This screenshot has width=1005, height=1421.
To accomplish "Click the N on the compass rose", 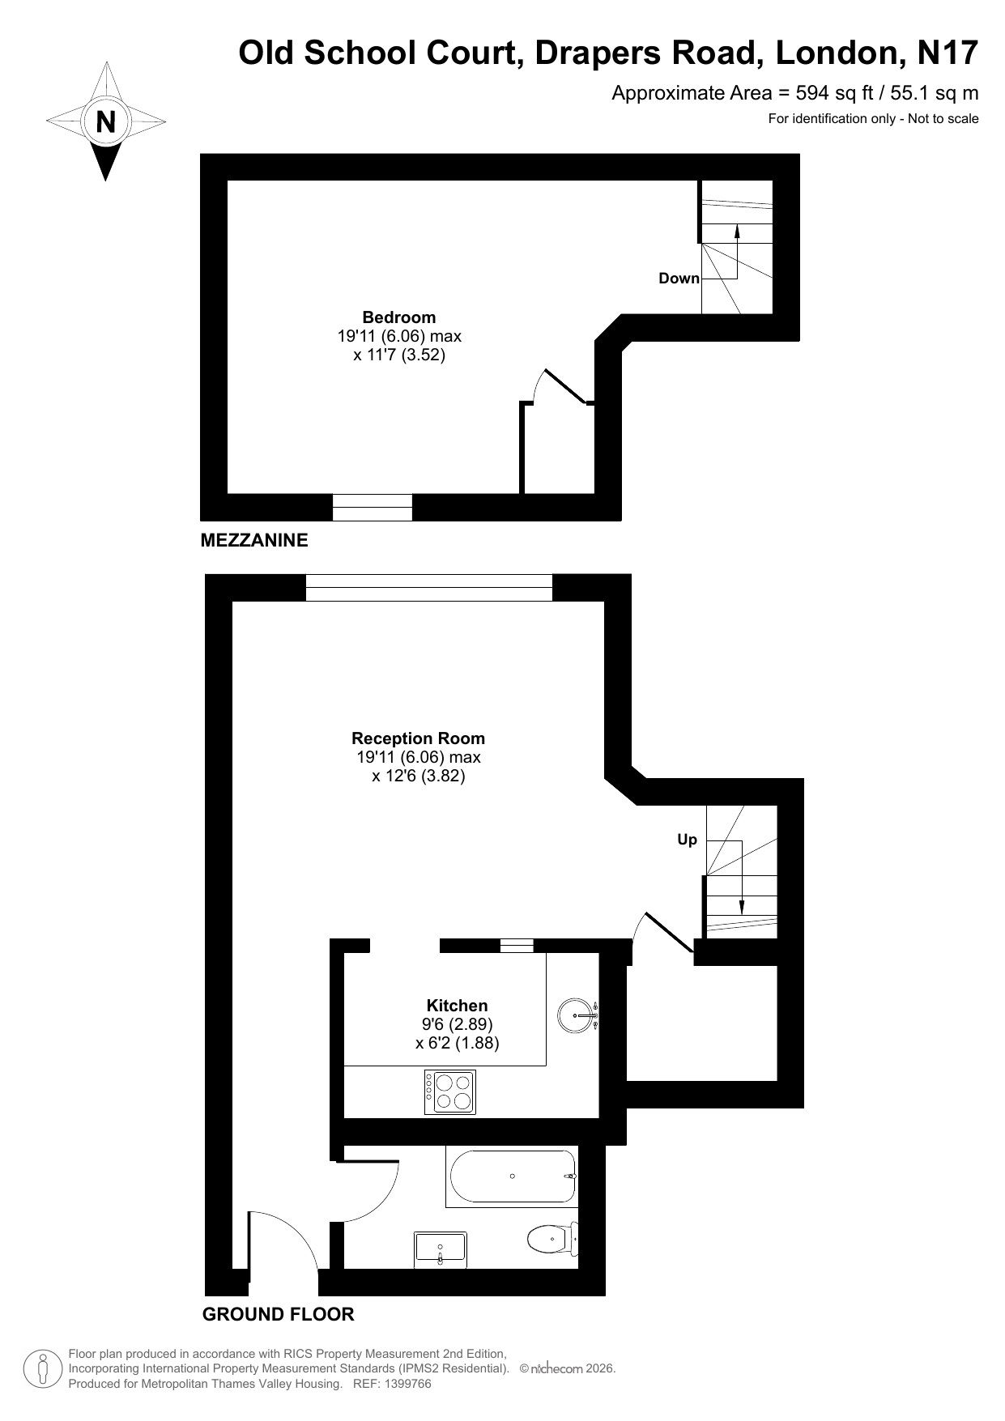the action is pyautogui.click(x=105, y=121).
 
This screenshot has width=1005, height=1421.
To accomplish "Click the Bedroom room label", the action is pyautogui.click(x=398, y=317).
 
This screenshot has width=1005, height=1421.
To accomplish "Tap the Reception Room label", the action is pyautogui.click(x=418, y=738).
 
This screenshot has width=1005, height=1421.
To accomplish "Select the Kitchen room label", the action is pyautogui.click(x=457, y=1006).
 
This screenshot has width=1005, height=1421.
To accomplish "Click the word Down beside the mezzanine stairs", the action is pyautogui.click(x=679, y=279).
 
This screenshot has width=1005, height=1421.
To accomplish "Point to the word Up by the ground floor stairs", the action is pyautogui.click(x=687, y=840).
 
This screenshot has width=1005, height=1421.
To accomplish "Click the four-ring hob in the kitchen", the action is pyautogui.click(x=450, y=1091).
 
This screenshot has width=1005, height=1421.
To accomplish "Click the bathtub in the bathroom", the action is pyautogui.click(x=512, y=1176).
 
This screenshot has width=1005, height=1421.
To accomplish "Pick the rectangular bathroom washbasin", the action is pyautogui.click(x=441, y=1250).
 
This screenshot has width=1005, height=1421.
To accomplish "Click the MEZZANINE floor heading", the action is pyautogui.click(x=254, y=540).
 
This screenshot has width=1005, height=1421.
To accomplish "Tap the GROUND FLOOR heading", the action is pyautogui.click(x=278, y=1314).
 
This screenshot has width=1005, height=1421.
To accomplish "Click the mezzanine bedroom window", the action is pyautogui.click(x=373, y=507).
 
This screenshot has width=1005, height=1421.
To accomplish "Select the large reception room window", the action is pyautogui.click(x=429, y=588).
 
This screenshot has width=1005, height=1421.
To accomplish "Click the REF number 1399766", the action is pyautogui.click(x=404, y=1384).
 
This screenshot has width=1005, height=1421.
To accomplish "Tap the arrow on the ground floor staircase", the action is pyautogui.click(x=742, y=878).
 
